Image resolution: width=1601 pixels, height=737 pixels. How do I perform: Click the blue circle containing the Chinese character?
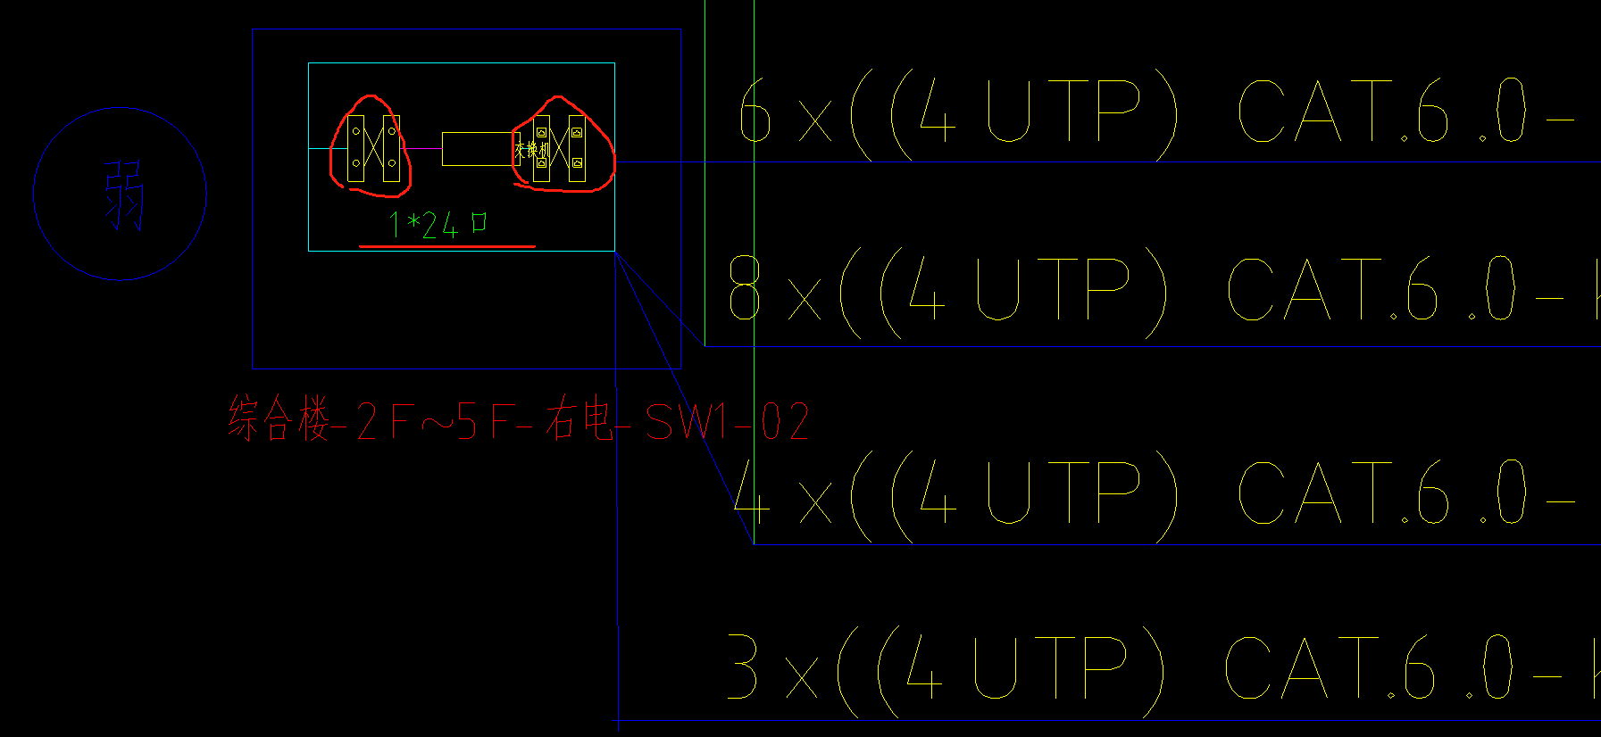(x=120, y=194)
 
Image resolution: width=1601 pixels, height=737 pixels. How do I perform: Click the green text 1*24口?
(x=438, y=224)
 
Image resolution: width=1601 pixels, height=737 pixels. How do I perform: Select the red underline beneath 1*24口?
(x=446, y=245)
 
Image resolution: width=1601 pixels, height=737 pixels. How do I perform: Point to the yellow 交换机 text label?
(x=531, y=150)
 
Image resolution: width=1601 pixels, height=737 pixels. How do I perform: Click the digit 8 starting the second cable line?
(x=745, y=287)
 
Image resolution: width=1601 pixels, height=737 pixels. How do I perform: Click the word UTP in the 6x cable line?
(x=1063, y=111)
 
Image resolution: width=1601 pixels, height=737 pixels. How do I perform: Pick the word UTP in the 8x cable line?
(x=1053, y=288)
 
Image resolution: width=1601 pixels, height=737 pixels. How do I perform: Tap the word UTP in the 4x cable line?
(x=1063, y=492)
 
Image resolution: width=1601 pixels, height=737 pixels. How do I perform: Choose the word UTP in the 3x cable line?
(x=1050, y=667)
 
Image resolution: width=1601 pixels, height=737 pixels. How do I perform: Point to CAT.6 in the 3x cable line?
(x=1330, y=667)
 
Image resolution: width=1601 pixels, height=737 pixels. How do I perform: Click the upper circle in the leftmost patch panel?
(x=356, y=131)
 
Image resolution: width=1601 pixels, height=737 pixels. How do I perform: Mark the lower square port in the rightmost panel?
(x=577, y=163)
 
